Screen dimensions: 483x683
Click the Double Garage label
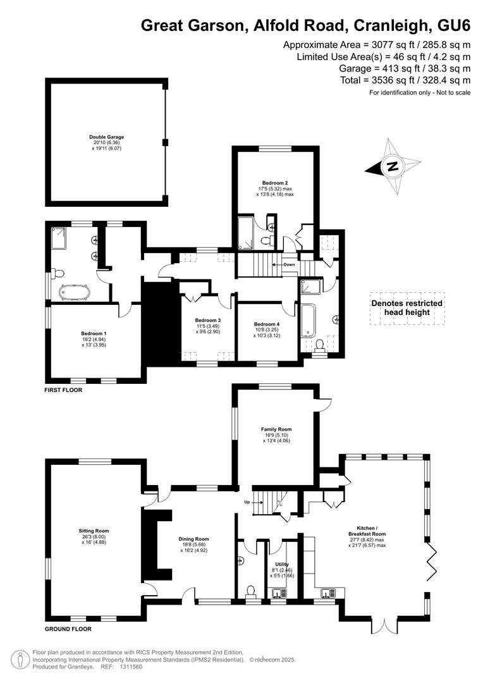click(x=107, y=137)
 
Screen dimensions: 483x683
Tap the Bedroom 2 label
click(x=275, y=183)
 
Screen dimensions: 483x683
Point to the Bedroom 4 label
click(x=267, y=324)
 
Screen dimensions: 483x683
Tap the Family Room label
click(x=276, y=429)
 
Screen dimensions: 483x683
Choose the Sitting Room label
click(x=94, y=531)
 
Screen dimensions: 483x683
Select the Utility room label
click(x=282, y=564)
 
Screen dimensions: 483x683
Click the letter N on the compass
click(x=393, y=166)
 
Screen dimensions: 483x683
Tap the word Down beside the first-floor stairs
click(x=289, y=264)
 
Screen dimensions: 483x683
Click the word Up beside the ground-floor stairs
click(x=247, y=501)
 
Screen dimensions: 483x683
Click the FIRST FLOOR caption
click(x=63, y=390)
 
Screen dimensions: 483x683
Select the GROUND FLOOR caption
click(x=68, y=629)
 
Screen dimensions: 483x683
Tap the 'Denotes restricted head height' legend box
click(x=407, y=309)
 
